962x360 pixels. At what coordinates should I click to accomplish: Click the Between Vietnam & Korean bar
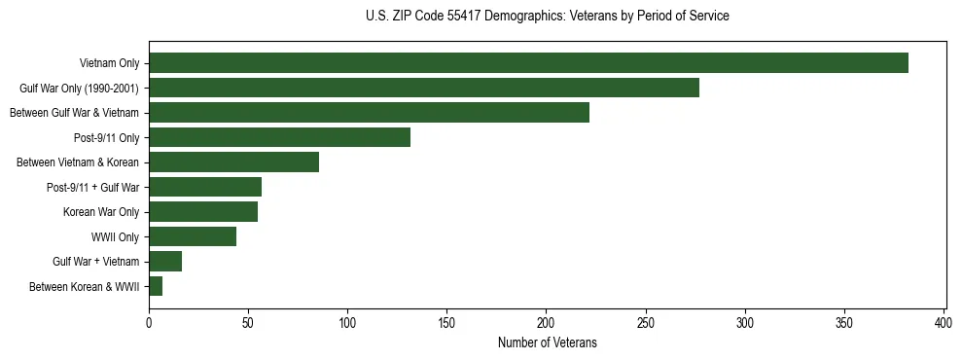(233, 162)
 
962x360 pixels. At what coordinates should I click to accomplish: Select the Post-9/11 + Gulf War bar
(205, 187)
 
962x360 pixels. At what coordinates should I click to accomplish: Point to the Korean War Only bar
(203, 212)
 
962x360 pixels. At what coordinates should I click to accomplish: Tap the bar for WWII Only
(193, 236)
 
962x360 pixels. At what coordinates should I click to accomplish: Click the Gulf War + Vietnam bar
(165, 262)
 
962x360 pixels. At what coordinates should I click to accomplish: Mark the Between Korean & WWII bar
(156, 286)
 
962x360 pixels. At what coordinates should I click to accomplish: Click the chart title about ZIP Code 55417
(548, 17)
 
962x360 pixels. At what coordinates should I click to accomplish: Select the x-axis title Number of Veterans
(548, 343)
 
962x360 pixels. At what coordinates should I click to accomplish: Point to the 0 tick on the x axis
(149, 321)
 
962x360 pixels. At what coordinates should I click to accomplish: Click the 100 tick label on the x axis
(347, 321)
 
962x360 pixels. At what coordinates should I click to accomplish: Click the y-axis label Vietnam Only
(109, 63)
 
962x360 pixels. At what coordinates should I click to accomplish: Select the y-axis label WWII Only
(115, 236)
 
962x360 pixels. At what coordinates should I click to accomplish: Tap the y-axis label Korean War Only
(101, 212)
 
